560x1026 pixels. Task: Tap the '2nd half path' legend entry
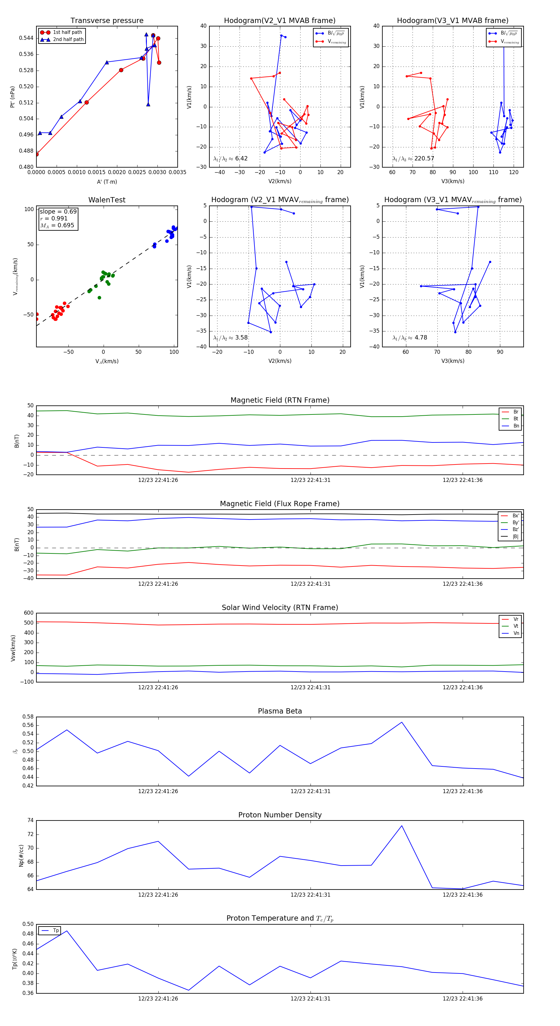coord(68,39)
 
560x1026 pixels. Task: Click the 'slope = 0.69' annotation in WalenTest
coord(58,211)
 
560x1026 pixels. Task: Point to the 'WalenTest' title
coord(107,200)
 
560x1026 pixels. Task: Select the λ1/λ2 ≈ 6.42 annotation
coord(230,159)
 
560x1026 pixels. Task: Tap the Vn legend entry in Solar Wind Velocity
coord(516,633)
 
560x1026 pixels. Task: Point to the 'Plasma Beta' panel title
coord(280,711)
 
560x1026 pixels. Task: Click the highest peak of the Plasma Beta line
coord(401,722)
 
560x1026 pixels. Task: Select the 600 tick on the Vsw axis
coord(29,613)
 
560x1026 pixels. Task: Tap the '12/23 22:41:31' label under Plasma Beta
coord(310,791)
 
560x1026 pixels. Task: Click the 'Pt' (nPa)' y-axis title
coord(12,97)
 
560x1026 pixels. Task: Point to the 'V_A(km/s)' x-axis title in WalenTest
coord(107,361)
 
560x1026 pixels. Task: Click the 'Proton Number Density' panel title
coord(280,815)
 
